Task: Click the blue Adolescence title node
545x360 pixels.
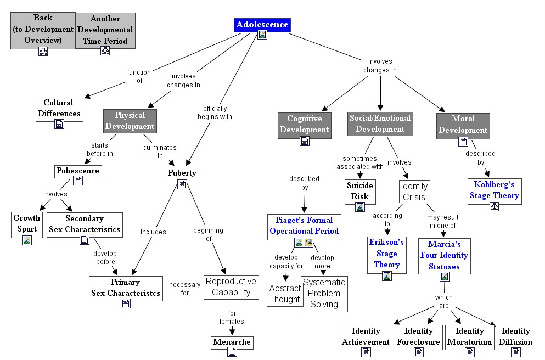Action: (262, 25)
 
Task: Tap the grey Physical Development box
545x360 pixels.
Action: (130, 121)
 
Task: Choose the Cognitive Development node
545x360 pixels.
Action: (304, 124)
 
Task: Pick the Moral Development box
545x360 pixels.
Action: (463, 125)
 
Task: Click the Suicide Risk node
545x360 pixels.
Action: (359, 191)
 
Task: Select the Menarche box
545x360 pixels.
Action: (232, 342)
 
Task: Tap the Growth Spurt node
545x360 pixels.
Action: (26, 223)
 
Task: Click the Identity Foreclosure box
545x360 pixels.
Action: (418, 336)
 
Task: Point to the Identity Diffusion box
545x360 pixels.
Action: (515, 336)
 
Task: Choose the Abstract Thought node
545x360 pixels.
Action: (284, 294)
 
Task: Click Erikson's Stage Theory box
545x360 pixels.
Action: (386, 253)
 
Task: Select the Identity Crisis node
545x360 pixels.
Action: (414, 192)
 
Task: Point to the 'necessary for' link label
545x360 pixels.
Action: (184, 289)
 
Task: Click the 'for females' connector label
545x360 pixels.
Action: (233, 317)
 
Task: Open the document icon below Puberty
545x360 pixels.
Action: (182, 185)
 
